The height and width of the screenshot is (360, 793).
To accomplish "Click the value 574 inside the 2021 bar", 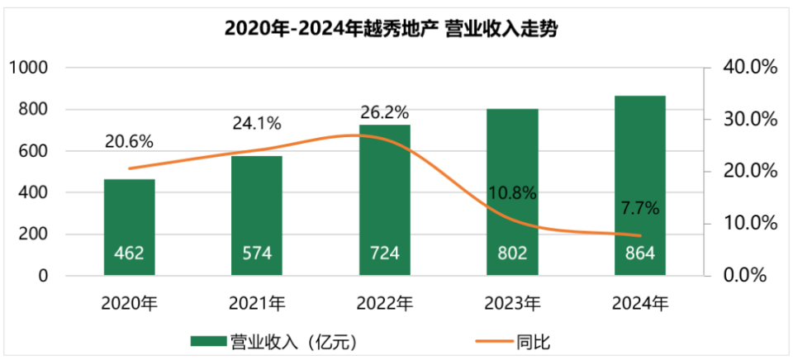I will click(257, 253).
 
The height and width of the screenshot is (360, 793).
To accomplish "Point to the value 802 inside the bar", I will click(513, 253).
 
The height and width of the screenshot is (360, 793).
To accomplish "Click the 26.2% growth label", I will click(385, 111).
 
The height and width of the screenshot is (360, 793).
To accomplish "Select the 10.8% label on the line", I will click(512, 194).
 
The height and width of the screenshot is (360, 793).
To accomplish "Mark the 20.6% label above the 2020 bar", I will click(130, 141).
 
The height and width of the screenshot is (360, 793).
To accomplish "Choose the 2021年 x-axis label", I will click(258, 304).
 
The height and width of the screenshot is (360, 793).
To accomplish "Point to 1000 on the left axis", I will click(31, 68).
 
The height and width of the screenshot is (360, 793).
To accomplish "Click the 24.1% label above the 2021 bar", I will click(257, 124).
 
